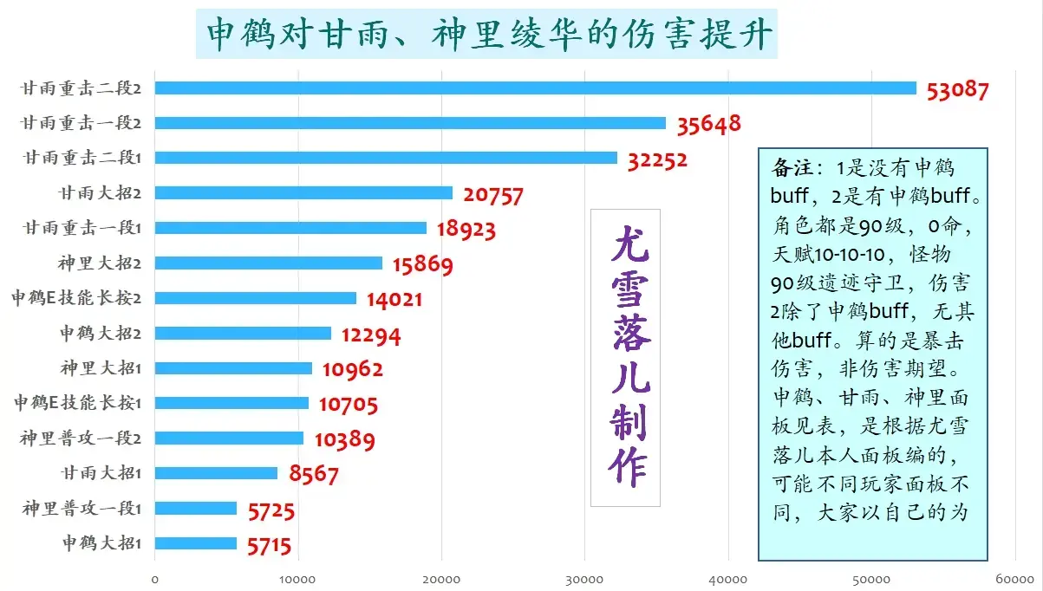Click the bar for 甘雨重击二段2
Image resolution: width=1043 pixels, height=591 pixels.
(x=535, y=88)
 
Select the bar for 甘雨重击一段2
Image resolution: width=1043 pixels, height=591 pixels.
(x=410, y=123)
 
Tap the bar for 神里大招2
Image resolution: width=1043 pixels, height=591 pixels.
(x=269, y=263)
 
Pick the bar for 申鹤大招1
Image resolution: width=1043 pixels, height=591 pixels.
(x=196, y=543)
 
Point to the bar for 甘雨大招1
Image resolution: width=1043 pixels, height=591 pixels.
(x=216, y=473)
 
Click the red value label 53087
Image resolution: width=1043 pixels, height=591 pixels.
(x=957, y=89)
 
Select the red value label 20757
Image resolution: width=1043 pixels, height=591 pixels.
(x=493, y=194)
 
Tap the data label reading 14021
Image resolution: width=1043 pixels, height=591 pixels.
(x=394, y=300)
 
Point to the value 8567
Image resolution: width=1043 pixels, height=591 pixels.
(x=314, y=475)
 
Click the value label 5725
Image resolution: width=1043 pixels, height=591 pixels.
(x=271, y=511)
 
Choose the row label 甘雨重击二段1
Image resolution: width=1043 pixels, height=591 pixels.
(x=82, y=158)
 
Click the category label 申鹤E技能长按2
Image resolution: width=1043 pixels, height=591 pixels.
(x=76, y=298)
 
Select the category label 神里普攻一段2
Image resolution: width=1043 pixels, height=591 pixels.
(x=81, y=438)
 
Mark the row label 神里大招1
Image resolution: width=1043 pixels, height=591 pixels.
(x=101, y=368)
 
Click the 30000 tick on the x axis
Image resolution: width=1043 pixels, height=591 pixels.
(x=584, y=579)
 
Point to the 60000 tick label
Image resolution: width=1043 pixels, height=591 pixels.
(x=1014, y=579)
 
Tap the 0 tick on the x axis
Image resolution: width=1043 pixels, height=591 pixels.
(x=155, y=579)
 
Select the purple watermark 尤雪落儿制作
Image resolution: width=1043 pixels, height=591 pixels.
(x=625, y=357)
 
